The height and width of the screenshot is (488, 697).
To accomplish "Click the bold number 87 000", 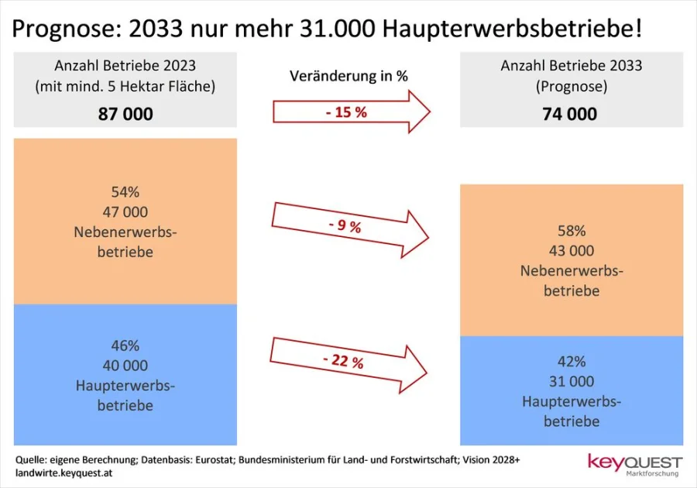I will click(125, 114).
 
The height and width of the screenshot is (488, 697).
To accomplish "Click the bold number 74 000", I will click(570, 114).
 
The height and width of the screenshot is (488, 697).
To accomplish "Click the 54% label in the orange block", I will click(125, 191).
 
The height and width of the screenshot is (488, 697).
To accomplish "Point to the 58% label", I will click(571, 231).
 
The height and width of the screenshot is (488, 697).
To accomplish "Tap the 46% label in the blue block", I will click(125, 345).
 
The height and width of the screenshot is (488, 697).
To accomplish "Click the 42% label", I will click(571, 362).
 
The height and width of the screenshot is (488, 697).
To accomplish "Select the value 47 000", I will click(125, 211).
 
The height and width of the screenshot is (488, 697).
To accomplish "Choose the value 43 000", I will click(571, 251).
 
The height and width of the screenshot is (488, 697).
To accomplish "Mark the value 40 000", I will click(125, 366).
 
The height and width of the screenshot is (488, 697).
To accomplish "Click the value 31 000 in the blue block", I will click(571, 382).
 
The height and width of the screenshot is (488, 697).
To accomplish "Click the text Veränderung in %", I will click(348, 76).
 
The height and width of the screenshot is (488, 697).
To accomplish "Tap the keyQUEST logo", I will click(634, 464).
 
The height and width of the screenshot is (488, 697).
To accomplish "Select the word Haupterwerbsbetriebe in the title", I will click(511, 29).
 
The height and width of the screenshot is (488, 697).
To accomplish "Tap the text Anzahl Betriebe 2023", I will click(125, 66).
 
